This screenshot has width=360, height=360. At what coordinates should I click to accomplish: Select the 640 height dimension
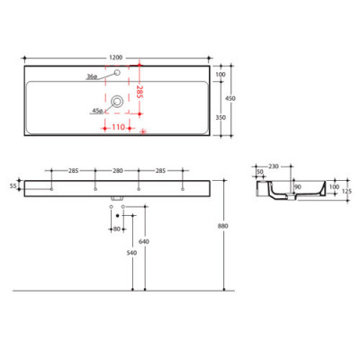pyautogui.click(x=143, y=241)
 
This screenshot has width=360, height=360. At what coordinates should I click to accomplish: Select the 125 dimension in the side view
pyautogui.click(x=346, y=189)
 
